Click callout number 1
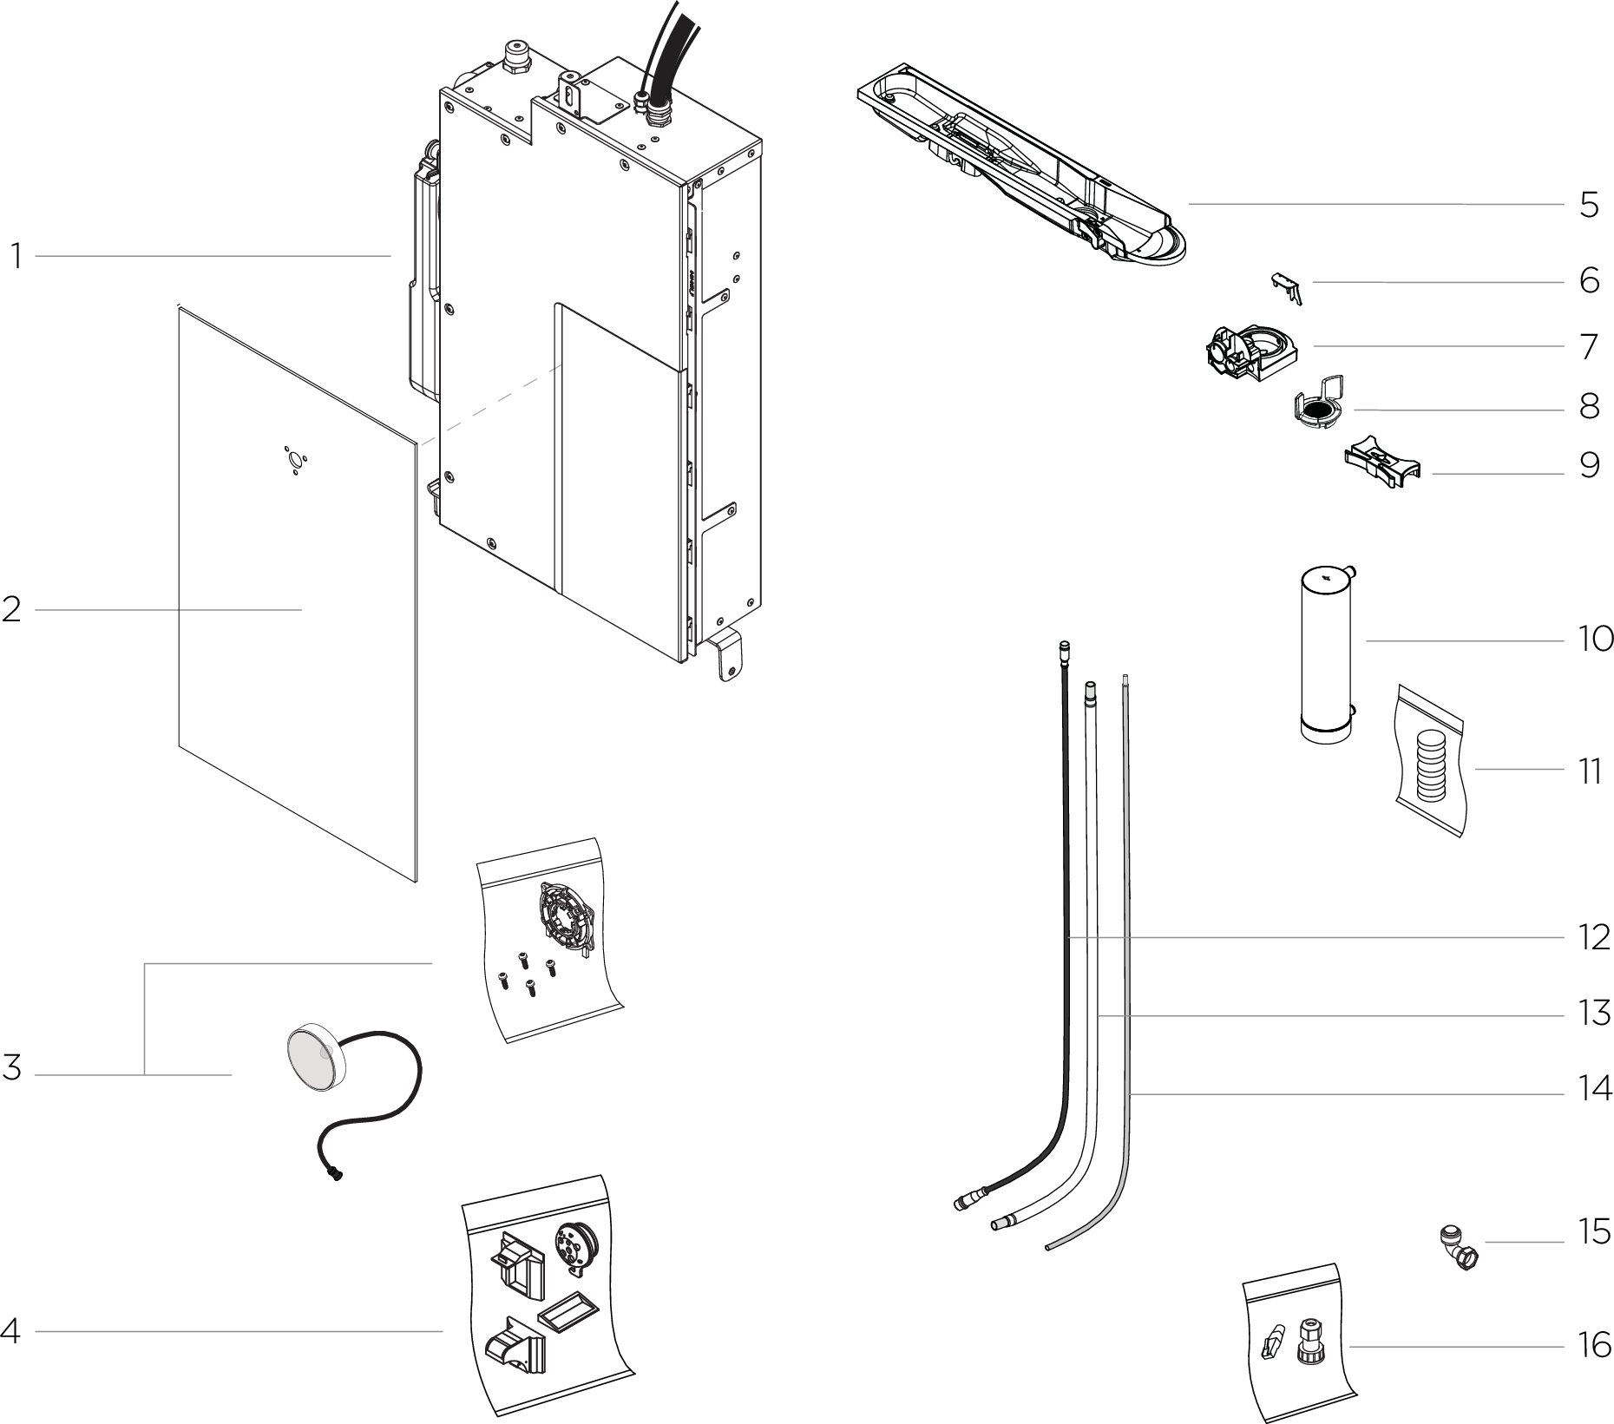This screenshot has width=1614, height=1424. click(16, 257)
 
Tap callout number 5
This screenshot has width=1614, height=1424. click(1589, 206)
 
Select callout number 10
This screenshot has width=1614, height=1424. click(1595, 640)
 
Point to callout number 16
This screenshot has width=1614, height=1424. click(1595, 1346)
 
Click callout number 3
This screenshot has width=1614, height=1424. click(12, 1068)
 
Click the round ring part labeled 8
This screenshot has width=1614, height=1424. click(1317, 410)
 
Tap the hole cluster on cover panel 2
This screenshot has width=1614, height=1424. click(296, 460)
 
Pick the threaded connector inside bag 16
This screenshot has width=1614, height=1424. click(1308, 1341)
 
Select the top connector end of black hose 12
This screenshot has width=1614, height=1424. click(1066, 646)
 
